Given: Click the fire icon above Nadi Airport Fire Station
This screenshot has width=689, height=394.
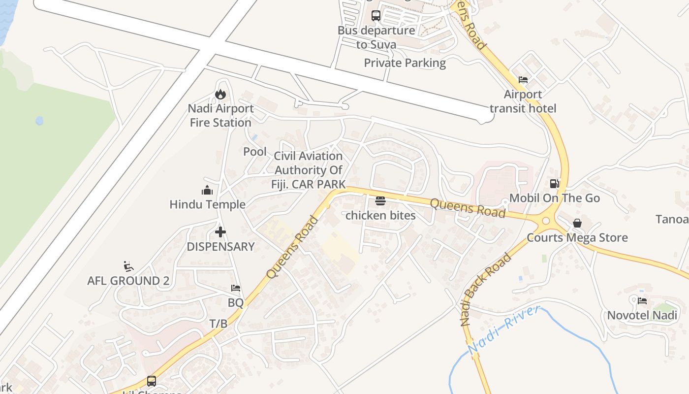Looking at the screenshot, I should point(220,94).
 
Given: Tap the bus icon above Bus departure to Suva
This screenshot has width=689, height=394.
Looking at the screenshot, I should point(376,16).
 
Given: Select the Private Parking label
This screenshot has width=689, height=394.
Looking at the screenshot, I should point(405,63).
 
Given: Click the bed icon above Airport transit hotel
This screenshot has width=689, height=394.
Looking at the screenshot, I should point(523,80).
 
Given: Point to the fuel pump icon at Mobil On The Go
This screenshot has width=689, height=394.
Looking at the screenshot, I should point(554,184).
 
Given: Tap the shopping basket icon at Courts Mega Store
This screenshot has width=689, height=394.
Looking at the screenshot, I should point(577,224).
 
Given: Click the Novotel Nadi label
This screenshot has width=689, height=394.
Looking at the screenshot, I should point(642,315).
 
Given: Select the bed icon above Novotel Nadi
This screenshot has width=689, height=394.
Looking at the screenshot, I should point(642,301).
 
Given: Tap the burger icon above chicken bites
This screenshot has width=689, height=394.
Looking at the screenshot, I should point(380,201).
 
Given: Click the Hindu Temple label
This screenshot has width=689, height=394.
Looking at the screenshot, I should point(207,204).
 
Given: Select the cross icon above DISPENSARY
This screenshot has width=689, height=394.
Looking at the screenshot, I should point(220,232).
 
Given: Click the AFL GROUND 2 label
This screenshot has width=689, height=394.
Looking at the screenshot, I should point(128,281).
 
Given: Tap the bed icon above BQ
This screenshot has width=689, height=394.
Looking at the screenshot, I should point(236,288).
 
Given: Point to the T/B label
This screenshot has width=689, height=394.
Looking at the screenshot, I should point(219,324).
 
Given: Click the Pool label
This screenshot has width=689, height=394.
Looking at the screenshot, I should point(255,152).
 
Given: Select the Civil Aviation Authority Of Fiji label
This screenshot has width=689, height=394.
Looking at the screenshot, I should point(308,170).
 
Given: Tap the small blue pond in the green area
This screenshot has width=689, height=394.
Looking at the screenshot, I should point(39,121).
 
